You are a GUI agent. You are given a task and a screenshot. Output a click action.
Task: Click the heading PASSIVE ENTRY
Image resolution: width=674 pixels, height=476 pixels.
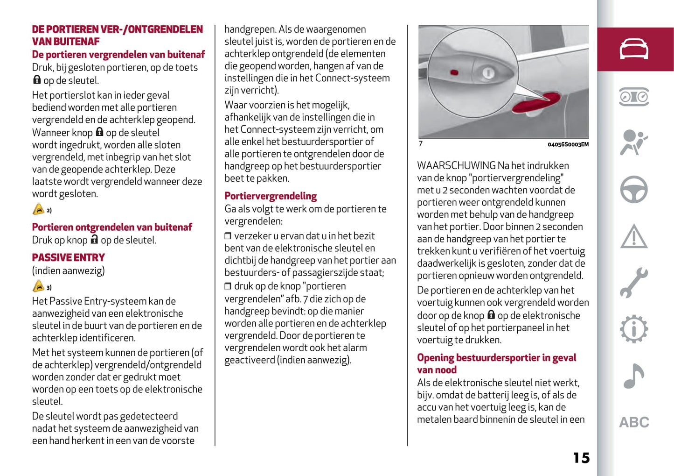pyautogui.click(x=68, y=257)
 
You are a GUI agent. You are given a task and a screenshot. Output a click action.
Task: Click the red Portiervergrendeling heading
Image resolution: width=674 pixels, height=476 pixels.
pyautogui.click(x=271, y=196)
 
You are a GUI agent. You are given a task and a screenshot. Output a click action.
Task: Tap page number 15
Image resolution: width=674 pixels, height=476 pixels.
pyautogui.click(x=581, y=458)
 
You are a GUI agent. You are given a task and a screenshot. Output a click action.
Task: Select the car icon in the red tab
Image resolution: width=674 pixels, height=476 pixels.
pyautogui.click(x=634, y=49)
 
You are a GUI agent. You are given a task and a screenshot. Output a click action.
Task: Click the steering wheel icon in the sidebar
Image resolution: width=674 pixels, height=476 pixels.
pyautogui.click(x=634, y=189)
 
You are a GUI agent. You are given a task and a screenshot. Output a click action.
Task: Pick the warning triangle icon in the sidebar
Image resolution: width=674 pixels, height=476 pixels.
pyautogui.click(x=634, y=236)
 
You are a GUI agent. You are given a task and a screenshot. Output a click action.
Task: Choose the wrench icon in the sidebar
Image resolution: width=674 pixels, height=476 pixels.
pyautogui.click(x=634, y=283)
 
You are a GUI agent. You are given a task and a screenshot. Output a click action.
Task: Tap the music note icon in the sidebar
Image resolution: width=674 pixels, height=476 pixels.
pyautogui.click(x=634, y=376)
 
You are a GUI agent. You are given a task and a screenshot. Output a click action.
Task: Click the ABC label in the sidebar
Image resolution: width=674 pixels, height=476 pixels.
pyautogui.click(x=634, y=422)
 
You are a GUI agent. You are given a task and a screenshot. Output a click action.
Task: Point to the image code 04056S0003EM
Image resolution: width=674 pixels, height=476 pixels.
pyautogui.click(x=568, y=145)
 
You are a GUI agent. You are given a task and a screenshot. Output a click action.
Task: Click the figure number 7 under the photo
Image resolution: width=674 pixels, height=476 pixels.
pyautogui.click(x=421, y=144)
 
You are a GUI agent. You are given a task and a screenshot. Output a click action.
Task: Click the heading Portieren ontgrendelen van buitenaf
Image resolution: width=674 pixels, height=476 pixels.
pyautogui.click(x=112, y=227)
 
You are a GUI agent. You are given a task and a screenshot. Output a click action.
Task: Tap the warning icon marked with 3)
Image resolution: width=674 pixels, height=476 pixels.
pyautogui.click(x=39, y=286)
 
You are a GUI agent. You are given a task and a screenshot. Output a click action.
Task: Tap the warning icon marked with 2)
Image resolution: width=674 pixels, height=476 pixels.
pyautogui.click(x=39, y=209)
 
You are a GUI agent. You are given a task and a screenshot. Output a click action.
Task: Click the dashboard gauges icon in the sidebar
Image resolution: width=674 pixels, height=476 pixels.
pyautogui.click(x=634, y=97)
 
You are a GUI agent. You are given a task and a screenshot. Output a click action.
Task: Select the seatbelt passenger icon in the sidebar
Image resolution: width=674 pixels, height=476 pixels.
pyautogui.click(x=634, y=142)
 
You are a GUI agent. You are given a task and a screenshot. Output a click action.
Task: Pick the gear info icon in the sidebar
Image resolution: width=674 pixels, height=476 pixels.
pyautogui.click(x=634, y=329)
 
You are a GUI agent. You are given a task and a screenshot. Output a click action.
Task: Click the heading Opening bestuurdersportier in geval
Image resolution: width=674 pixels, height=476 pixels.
pyautogui.click(x=496, y=358)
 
